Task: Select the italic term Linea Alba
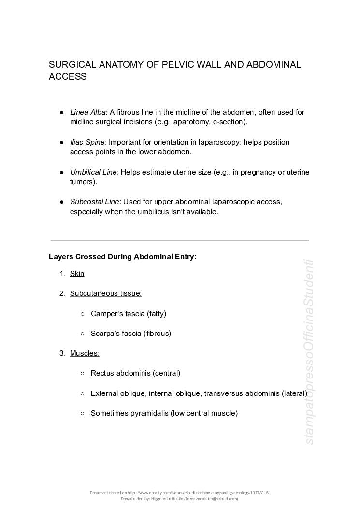click(87, 112)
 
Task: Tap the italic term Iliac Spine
click(88, 142)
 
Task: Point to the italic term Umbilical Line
click(93, 172)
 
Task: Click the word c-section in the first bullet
click(229, 122)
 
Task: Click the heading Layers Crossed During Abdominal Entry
click(123, 257)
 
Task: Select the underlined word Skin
click(77, 274)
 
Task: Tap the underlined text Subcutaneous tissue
click(105, 293)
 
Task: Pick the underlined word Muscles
click(85, 353)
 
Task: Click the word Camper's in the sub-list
click(104, 314)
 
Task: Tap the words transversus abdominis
click(242, 393)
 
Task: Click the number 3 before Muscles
click(62, 353)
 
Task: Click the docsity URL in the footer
click(198, 493)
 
